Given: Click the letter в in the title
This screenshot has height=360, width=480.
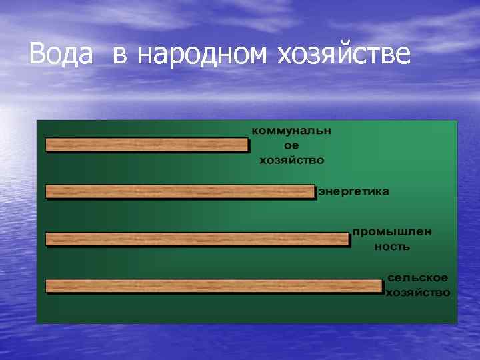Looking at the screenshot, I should pos(120,56).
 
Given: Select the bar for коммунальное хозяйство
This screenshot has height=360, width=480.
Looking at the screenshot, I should pos(147,145).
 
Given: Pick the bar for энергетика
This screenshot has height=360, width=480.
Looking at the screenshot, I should pos(180,191).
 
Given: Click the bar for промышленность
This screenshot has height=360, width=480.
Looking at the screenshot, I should pos(197,239).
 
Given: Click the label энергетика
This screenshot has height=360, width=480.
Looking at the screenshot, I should pos(353,191).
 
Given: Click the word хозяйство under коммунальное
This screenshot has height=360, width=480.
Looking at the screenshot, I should pos(291,160).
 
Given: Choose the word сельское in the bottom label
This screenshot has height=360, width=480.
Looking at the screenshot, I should pos(418,277).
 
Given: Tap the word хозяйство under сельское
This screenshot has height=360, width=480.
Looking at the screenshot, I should pos(418,293).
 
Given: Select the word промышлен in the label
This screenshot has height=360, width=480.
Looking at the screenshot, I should pos(392,231).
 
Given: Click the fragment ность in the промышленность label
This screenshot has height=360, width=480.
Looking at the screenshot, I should pos(392,247).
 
